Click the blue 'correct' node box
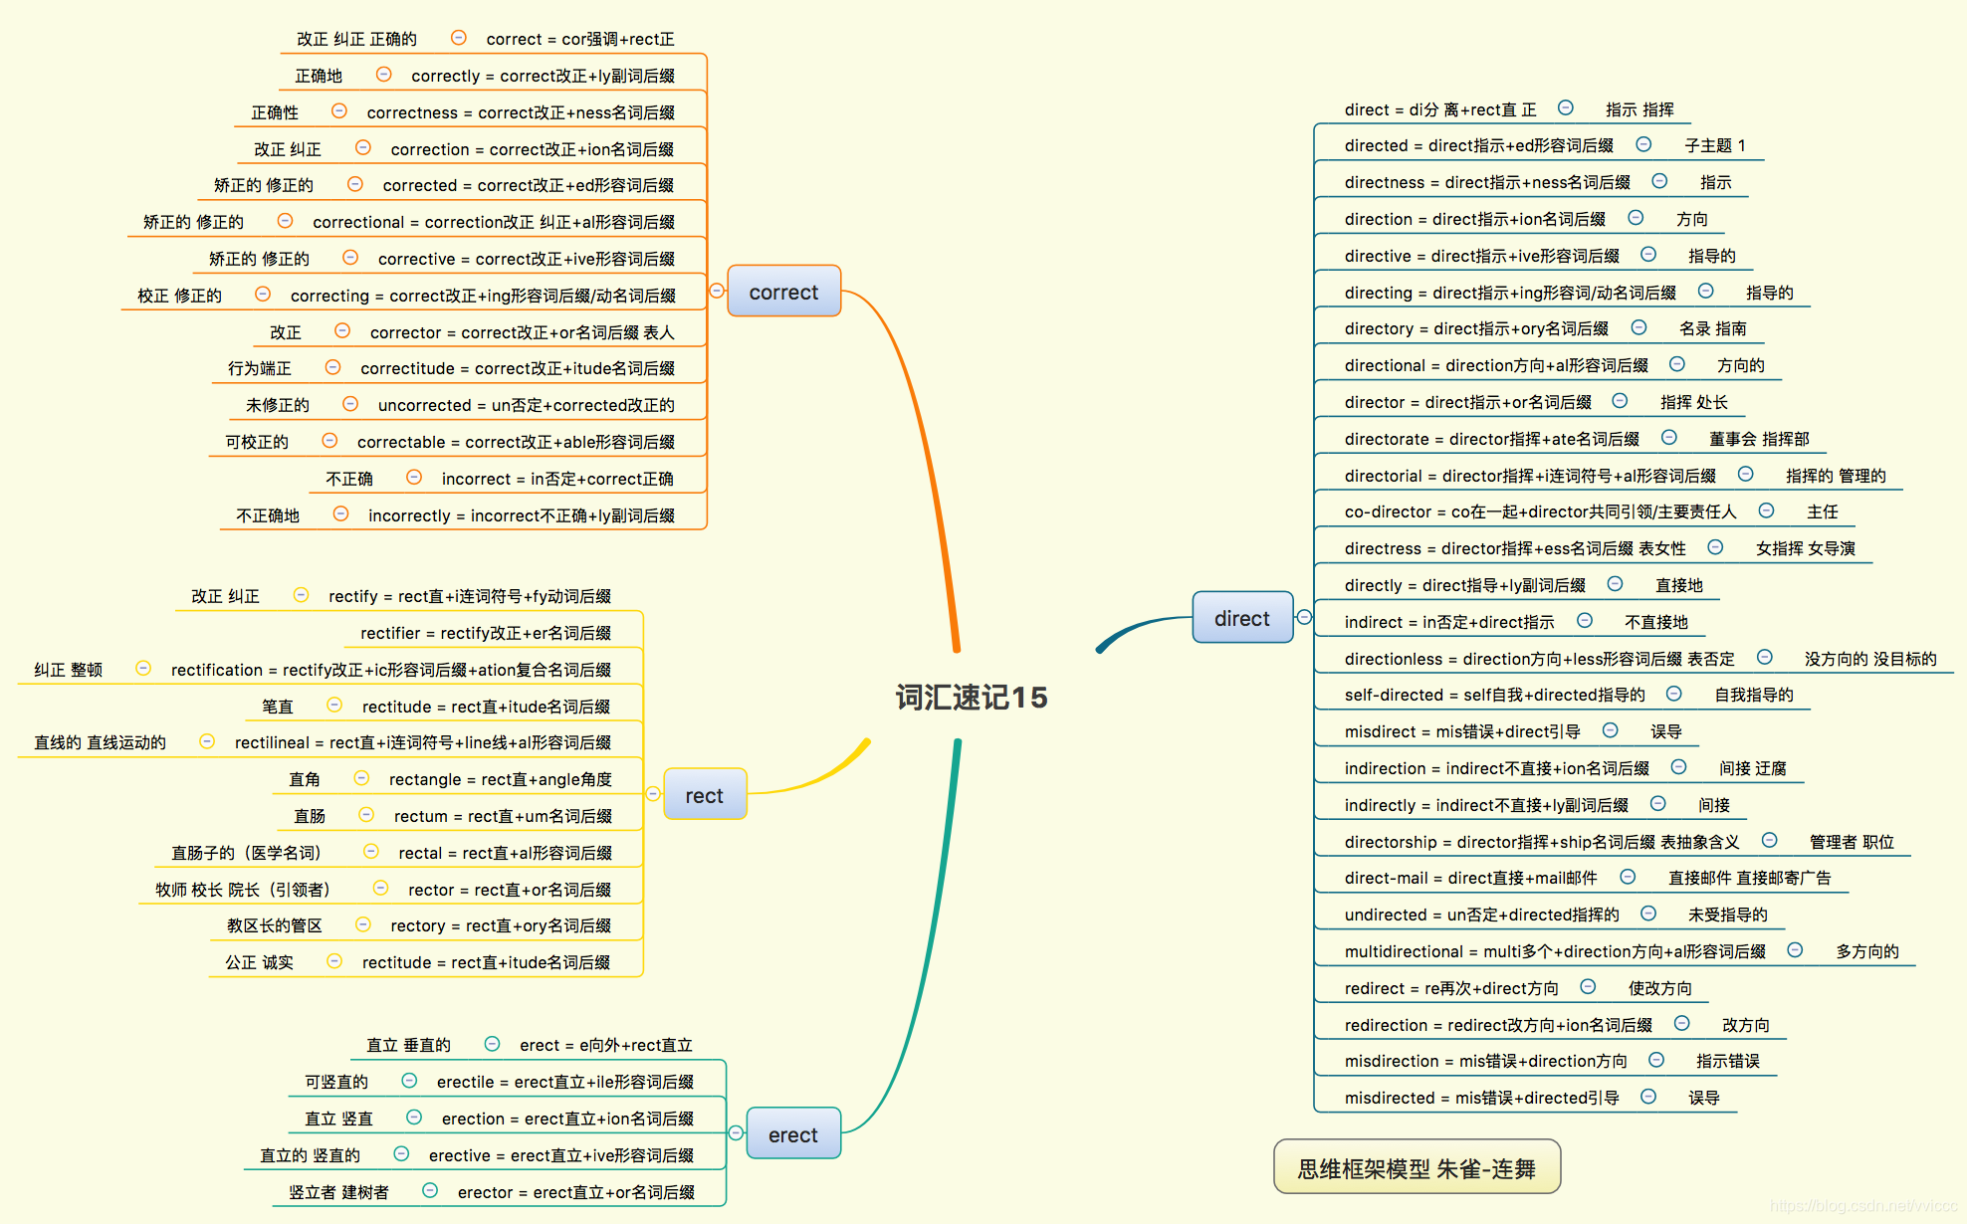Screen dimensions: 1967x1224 783,292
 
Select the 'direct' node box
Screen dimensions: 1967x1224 1241,618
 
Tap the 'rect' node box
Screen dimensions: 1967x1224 704,795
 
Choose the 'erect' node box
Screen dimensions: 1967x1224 792,1134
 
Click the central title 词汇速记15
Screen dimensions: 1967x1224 971,697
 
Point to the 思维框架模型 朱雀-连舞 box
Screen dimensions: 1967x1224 1416,1167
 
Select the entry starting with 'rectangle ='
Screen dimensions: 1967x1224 500,779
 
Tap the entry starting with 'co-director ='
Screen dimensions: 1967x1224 1539,511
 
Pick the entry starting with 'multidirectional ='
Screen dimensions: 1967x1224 1554,951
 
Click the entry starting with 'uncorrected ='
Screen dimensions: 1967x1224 526,405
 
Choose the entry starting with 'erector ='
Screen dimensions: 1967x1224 575,1192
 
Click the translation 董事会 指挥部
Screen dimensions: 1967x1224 1758,439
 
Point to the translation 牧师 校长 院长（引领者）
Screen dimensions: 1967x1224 242,890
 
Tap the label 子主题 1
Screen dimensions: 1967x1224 1714,145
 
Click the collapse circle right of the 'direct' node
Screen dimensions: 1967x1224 1304,617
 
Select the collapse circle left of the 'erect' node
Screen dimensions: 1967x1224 736,1132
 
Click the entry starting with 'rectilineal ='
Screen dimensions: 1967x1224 422,742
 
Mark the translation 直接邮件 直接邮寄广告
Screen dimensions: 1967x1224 1749,878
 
